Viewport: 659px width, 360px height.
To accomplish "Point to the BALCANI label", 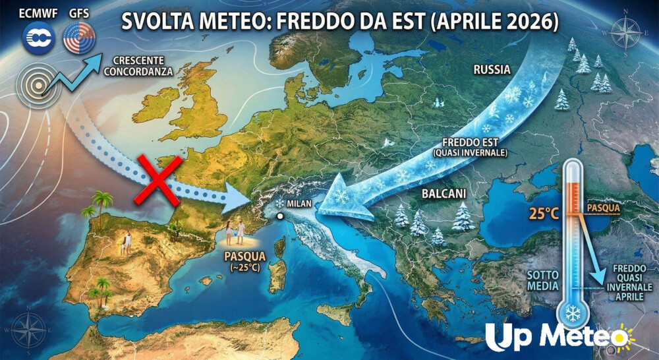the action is tap(444, 194).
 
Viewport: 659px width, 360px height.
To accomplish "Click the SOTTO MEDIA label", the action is tap(542, 280).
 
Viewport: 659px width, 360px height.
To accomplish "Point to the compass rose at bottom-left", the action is tap(29, 330).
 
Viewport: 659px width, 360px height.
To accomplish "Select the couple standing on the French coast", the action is tap(235, 232).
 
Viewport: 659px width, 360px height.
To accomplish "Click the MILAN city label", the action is tap(299, 204).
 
